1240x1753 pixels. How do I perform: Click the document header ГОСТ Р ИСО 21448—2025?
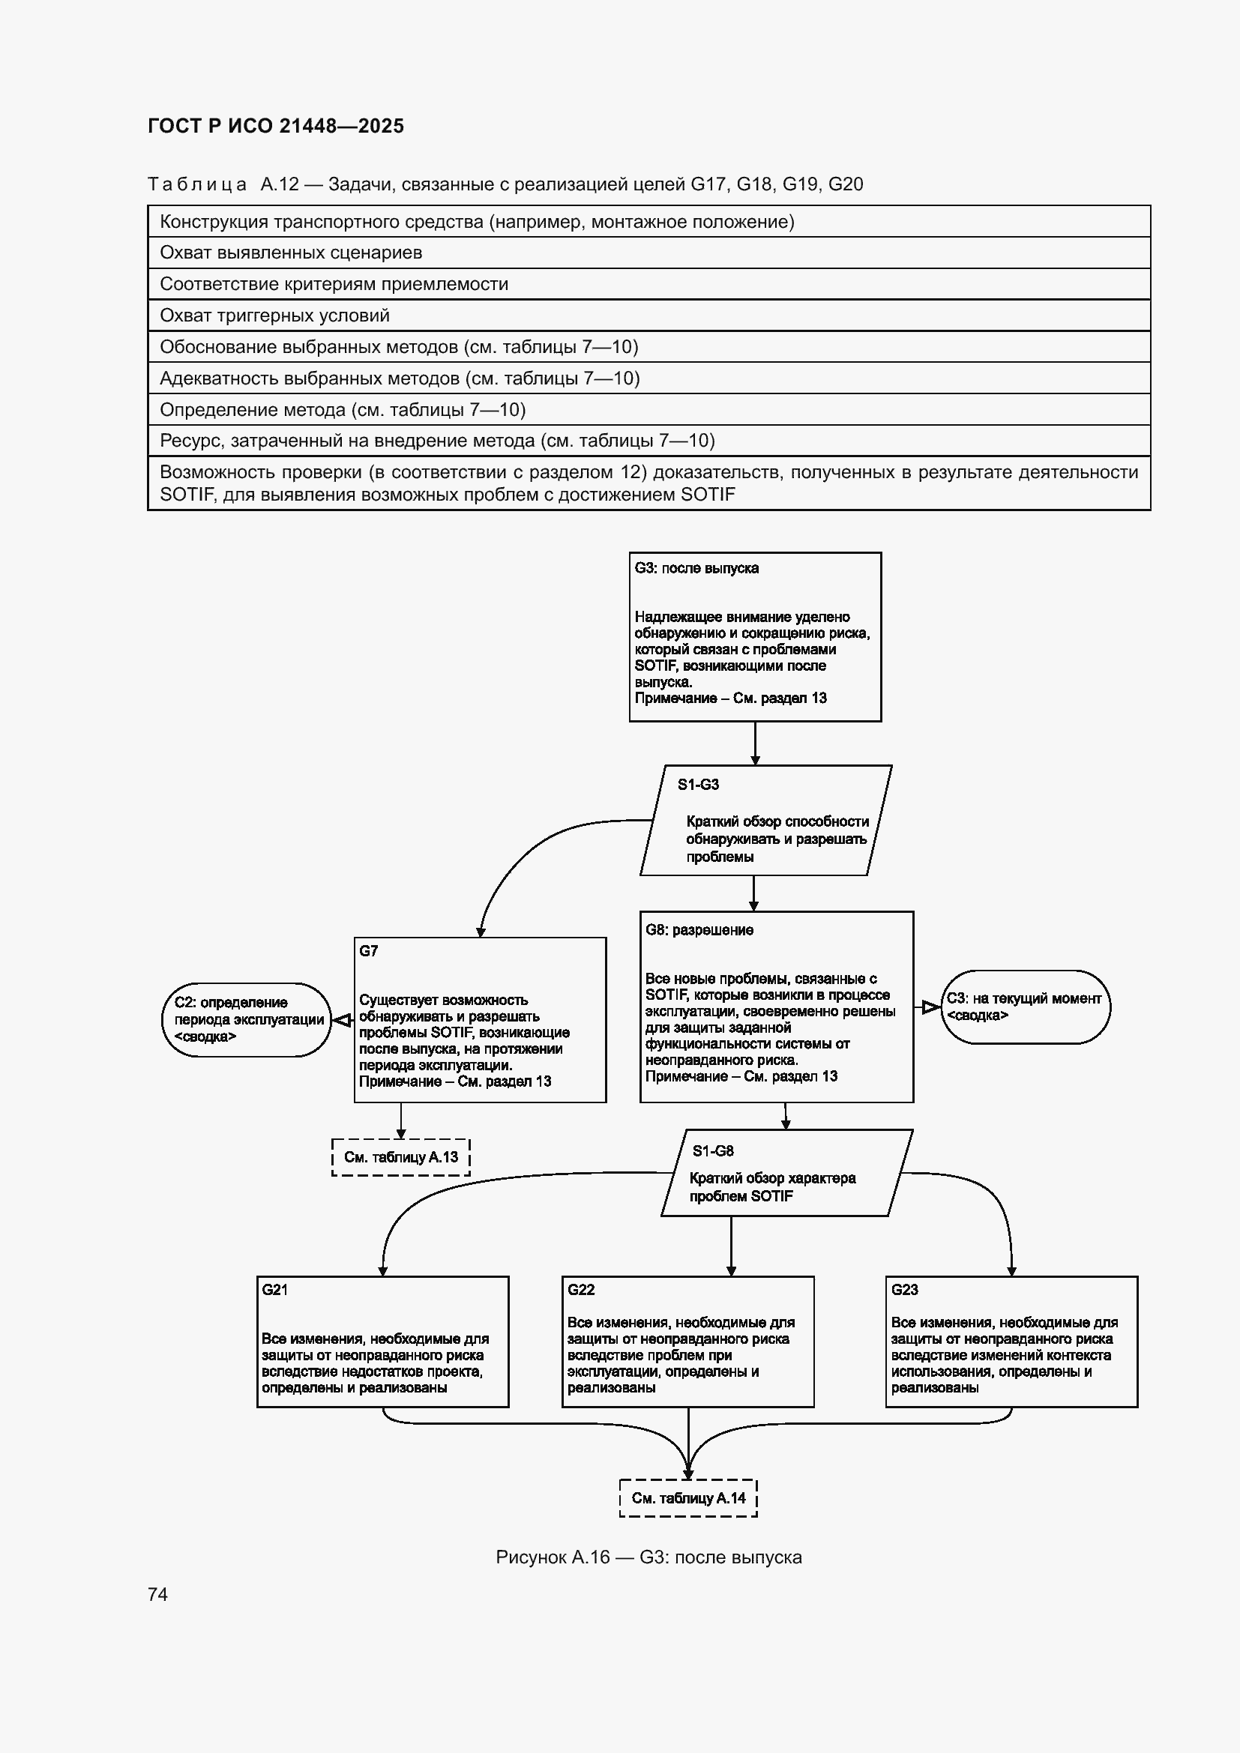coord(276,126)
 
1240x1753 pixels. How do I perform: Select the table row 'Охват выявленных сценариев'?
coord(649,253)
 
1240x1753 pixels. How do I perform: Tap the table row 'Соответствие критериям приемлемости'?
coord(649,284)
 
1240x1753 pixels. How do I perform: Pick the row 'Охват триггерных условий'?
coord(649,316)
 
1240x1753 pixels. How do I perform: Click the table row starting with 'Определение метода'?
coord(649,410)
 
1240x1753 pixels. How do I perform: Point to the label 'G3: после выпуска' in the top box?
coord(696,568)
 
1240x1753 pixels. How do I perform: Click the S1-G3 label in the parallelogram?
coord(698,784)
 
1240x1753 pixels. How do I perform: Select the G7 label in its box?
coord(368,950)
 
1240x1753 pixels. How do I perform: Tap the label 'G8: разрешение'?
coord(699,930)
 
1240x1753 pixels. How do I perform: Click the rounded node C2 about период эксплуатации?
coord(247,1019)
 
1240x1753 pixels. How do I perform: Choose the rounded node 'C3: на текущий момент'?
coord(1026,1007)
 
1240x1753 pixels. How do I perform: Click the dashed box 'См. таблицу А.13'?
coord(401,1157)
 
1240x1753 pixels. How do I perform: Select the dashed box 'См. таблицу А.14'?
coord(688,1498)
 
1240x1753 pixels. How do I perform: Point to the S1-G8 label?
coord(713,1150)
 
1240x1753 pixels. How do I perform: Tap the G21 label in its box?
coord(275,1290)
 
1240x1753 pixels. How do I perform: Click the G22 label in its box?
coord(580,1290)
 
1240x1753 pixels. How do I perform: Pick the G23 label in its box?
coord(904,1290)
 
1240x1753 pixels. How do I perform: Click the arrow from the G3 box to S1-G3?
coord(755,743)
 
